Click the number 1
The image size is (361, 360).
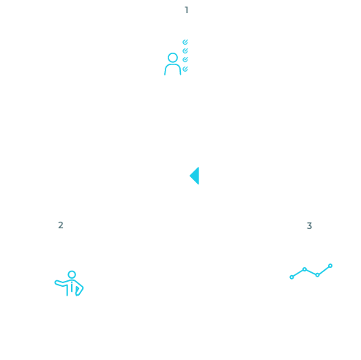pyautogui.click(x=187, y=10)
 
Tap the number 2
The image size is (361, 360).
pyautogui.click(x=61, y=225)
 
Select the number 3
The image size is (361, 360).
pyautogui.click(x=309, y=226)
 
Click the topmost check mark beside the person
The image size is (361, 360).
pyautogui.click(x=185, y=42)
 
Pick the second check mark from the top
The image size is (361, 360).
pyautogui.click(x=185, y=50)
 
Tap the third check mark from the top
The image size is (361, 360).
pyautogui.click(x=185, y=59)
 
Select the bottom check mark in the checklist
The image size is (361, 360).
pyautogui.click(x=185, y=69)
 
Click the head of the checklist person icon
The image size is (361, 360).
pyautogui.click(x=173, y=58)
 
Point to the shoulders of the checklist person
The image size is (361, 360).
pyautogui.click(x=173, y=65)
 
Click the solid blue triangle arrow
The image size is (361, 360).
pyautogui.click(x=196, y=176)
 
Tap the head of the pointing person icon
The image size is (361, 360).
pyautogui.click(x=72, y=274)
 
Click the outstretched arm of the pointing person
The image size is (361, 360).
pyautogui.click(x=61, y=284)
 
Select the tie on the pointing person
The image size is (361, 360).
pyautogui.click(x=72, y=287)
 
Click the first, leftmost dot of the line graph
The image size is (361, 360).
pyautogui.click(x=291, y=277)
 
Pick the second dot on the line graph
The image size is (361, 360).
pyautogui.click(x=305, y=269)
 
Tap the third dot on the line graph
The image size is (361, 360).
pyautogui.click(x=317, y=275)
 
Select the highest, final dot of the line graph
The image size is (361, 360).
pyautogui.click(x=330, y=266)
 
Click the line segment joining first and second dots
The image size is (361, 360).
pyautogui.click(x=298, y=273)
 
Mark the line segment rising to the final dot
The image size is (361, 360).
pyautogui.click(x=324, y=270)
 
